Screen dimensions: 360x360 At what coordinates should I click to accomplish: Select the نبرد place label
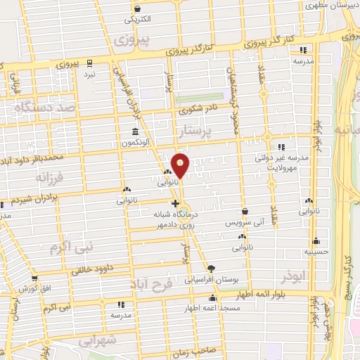(89, 73)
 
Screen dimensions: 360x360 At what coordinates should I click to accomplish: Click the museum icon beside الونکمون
(135, 132)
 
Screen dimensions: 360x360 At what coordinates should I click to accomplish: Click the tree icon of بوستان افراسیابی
(211, 268)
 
